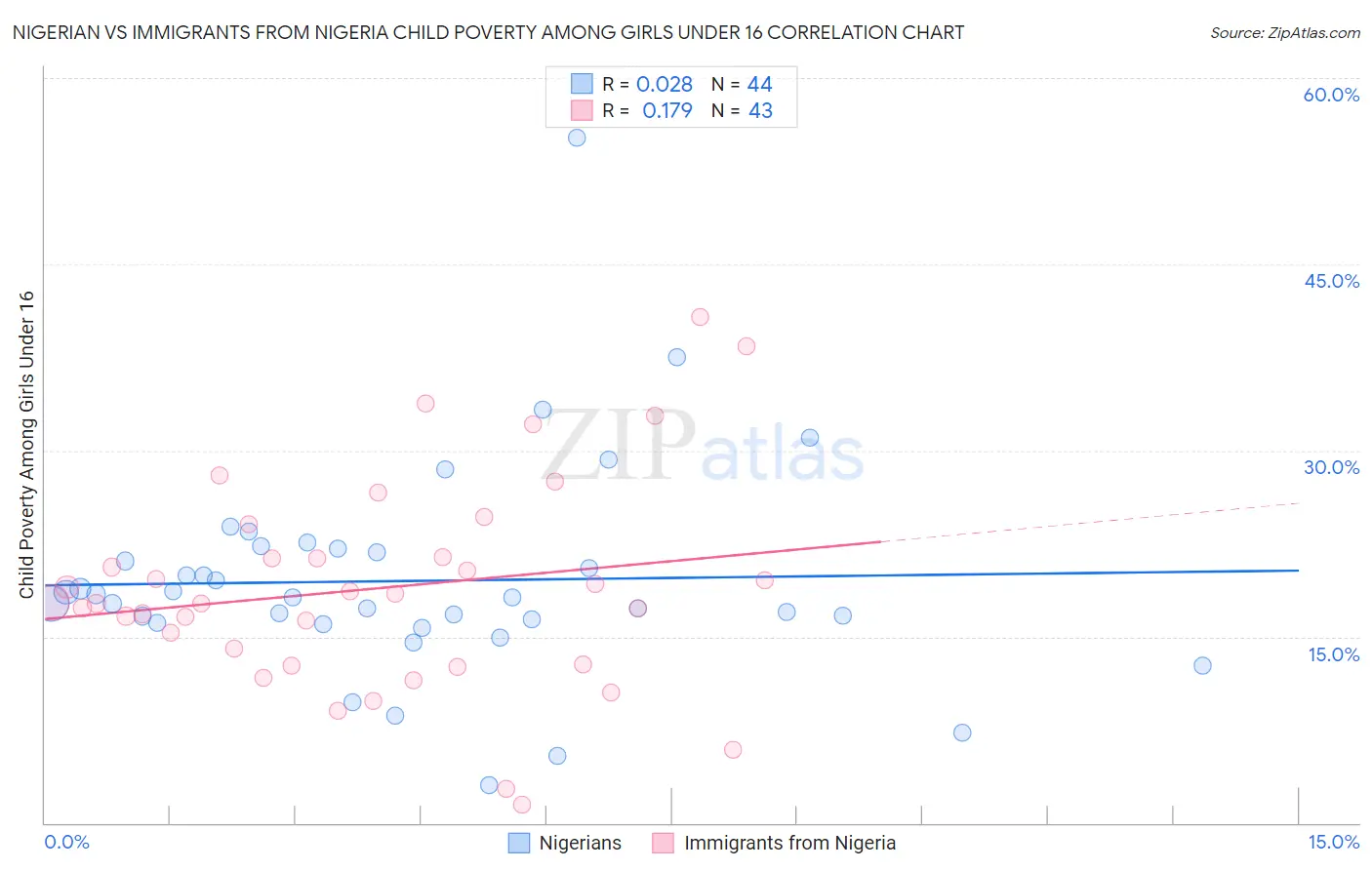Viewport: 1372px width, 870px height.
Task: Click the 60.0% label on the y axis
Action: pos(1331,95)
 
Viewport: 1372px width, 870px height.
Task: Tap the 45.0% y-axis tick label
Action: pos(1331,281)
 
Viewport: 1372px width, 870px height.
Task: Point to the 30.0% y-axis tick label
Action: pos(1331,467)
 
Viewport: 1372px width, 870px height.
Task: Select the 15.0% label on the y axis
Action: pos(1333,654)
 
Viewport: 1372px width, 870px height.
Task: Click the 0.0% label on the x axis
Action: pos(66,842)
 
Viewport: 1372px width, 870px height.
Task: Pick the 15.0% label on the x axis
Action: pos(1333,842)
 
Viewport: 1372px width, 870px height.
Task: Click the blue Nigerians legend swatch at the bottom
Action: pos(519,843)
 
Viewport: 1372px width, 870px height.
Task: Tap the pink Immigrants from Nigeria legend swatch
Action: pos(664,843)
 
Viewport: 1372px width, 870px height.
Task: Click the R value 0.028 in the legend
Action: pos(664,85)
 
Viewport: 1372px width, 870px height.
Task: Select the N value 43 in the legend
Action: pos(760,111)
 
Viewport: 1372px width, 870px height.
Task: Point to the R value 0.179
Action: pos(666,111)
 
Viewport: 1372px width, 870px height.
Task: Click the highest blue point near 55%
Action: pos(577,138)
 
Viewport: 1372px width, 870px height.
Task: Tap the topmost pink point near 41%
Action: pos(700,317)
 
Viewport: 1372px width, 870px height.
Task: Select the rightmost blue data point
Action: pos(1202,665)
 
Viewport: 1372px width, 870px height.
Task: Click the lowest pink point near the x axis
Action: pos(522,805)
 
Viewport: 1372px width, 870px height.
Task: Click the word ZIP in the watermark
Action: pos(619,446)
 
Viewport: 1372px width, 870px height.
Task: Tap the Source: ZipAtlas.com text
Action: pos(1284,33)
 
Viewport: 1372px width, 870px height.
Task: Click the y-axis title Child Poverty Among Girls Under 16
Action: pos(26,445)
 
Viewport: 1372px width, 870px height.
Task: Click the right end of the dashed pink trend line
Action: pos(1299,503)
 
